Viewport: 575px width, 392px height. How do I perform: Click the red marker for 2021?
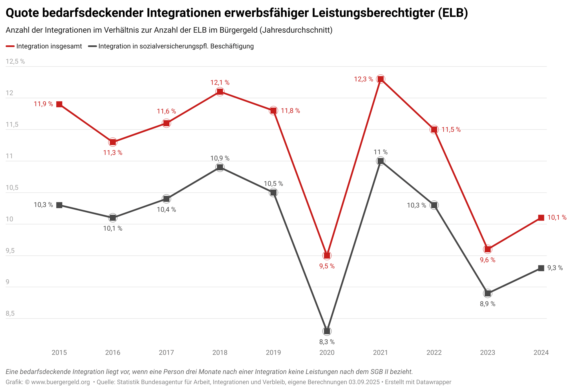(x=381, y=79)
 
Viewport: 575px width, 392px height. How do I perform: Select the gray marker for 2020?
(x=327, y=331)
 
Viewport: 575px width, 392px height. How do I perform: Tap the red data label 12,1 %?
(x=220, y=83)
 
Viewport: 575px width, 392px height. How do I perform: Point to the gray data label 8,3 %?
(x=327, y=342)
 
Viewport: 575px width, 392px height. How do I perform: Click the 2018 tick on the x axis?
(x=220, y=353)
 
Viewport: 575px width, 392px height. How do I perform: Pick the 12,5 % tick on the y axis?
(x=15, y=61)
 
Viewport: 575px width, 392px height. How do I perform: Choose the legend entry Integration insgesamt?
(x=49, y=46)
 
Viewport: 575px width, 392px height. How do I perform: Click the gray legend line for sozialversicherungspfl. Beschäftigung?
(x=92, y=46)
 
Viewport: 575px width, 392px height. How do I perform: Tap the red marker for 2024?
(x=541, y=218)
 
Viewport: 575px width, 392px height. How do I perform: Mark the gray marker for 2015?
(x=59, y=205)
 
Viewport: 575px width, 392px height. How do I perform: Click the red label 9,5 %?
(x=327, y=266)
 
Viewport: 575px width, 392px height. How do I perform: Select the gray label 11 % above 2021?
(x=381, y=152)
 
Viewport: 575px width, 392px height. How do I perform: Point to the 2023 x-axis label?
(x=488, y=353)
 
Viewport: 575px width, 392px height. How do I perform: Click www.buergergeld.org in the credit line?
(x=60, y=382)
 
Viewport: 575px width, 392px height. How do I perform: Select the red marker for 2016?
(x=113, y=142)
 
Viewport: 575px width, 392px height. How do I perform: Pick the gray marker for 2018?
(x=220, y=167)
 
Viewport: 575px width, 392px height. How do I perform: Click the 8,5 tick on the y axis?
(x=10, y=313)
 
